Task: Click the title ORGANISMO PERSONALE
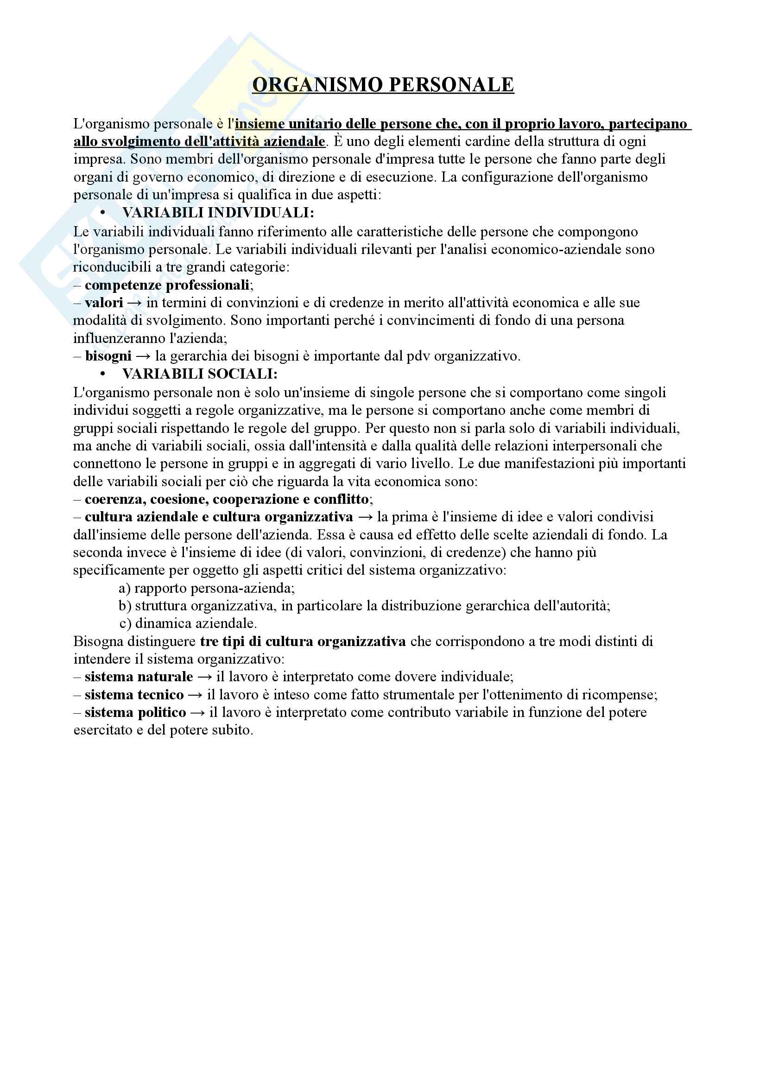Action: tap(383, 85)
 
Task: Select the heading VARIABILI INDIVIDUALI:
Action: tap(218, 213)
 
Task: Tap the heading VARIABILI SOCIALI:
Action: tap(200, 374)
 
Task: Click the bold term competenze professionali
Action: tap(167, 285)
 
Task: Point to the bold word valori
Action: tap(104, 303)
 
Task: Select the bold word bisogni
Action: tap(108, 356)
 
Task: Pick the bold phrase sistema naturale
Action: tap(139, 677)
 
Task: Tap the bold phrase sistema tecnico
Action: tap(134, 695)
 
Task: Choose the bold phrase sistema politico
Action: tap(135, 712)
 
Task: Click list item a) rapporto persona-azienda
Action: tap(207, 588)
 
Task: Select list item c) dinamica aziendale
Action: tap(188, 624)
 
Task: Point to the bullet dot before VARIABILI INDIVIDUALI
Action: tap(102, 213)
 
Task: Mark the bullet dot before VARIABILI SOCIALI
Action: tap(102, 374)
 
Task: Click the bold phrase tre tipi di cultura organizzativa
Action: tap(303, 641)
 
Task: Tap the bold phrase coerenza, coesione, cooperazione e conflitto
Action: tap(227, 500)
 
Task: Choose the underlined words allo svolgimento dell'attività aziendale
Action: tap(199, 142)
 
